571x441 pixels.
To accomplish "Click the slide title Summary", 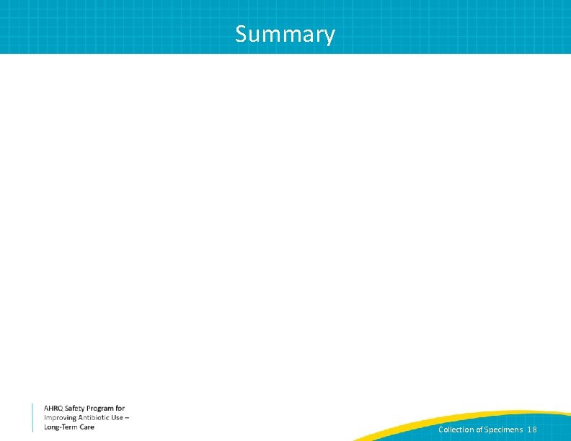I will [x=285, y=34].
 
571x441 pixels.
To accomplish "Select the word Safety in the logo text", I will [x=74, y=409].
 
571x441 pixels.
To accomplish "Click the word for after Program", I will [x=120, y=409].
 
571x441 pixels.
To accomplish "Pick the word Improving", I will [x=60, y=418].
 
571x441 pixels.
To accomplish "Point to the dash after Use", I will [x=128, y=418].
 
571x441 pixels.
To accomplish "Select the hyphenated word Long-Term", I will [x=61, y=427].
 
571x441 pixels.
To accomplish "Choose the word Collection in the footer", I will [x=456, y=429].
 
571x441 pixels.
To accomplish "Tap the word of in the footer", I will [x=479, y=429].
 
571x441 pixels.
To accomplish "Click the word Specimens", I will [x=504, y=429].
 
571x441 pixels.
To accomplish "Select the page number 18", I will [x=532, y=429].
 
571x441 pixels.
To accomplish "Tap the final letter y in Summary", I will [x=329, y=35].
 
